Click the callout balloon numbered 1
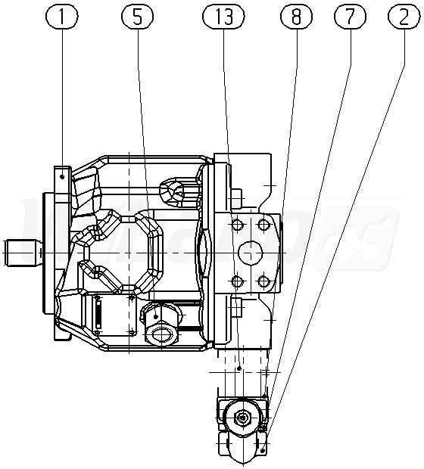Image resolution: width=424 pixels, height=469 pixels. pyautogui.click(x=62, y=17)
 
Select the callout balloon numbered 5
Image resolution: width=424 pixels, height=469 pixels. pyautogui.click(x=138, y=17)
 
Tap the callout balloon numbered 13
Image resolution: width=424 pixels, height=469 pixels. pyautogui.click(x=223, y=17)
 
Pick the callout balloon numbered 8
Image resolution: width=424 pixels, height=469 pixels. pyautogui.click(x=297, y=17)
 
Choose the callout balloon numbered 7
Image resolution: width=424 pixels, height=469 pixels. pyautogui.click(x=350, y=17)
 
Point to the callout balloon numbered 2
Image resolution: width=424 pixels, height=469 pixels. pyautogui.click(x=404, y=17)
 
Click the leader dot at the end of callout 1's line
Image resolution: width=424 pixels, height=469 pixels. pyautogui.click(x=62, y=177)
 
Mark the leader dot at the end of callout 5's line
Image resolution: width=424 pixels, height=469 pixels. pyautogui.click(x=156, y=316)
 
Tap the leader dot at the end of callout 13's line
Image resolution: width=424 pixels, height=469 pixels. pyautogui.click(x=239, y=368)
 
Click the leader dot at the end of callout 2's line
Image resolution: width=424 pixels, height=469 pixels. pyautogui.click(x=263, y=450)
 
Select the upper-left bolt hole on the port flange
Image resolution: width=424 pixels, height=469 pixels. pyautogui.click(x=237, y=225)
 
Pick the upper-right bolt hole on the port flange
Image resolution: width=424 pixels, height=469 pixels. pyautogui.click(x=263, y=225)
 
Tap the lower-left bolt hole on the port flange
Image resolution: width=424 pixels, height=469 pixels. pyautogui.click(x=237, y=281)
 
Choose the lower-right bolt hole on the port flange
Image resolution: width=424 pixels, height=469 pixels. pyautogui.click(x=263, y=281)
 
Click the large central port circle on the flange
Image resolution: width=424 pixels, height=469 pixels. pyautogui.click(x=251, y=253)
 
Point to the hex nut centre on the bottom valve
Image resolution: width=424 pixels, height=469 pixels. pyautogui.click(x=242, y=417)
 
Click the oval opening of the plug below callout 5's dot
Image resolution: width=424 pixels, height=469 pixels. pyautogui.click(x=161, y=333)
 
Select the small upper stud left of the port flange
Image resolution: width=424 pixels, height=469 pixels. pyautogui.click(x=236, y=198)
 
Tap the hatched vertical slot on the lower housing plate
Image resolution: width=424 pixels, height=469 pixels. pyautogui.click(x=98, y=314)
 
